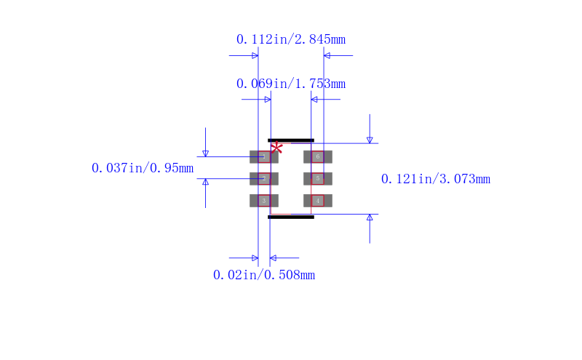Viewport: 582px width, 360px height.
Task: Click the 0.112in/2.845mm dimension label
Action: click(290, 39)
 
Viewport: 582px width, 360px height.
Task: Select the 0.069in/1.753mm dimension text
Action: click(290, 84)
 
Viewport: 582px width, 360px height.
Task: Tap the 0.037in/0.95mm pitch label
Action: click(143, 169)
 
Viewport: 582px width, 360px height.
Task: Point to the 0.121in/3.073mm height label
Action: click(436, 179)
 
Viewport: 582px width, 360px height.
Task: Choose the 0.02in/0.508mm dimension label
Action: click(263, 275)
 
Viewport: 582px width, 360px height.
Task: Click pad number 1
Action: click(263, 157)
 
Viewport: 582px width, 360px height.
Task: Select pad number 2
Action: click(263, 179)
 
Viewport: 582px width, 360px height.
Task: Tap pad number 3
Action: click(263, 201)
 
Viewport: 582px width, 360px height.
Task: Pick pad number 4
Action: click(318, 201)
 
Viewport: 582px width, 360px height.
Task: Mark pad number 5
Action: click(318, 179)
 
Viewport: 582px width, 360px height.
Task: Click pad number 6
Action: click(318, 157)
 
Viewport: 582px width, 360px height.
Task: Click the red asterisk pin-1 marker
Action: click(276, 148)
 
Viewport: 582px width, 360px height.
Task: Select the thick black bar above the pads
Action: click(291, 140)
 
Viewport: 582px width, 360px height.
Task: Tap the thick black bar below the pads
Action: click(291, 217)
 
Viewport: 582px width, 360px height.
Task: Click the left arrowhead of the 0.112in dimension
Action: click(255, 55)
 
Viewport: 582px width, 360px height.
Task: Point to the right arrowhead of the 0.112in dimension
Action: click(327, 55)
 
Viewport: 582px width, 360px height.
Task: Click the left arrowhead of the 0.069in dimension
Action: click(267, 99)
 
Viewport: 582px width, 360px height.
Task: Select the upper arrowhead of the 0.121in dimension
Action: click(370, 140)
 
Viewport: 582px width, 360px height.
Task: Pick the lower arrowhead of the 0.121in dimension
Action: click(370, 217)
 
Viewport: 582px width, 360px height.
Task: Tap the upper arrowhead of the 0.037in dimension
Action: click(205, 153)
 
